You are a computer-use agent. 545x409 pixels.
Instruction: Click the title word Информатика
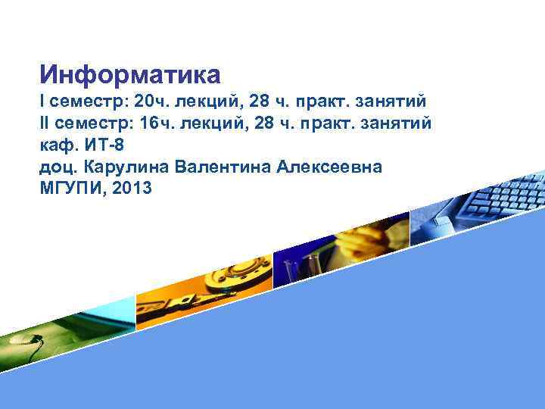point(130,74)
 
